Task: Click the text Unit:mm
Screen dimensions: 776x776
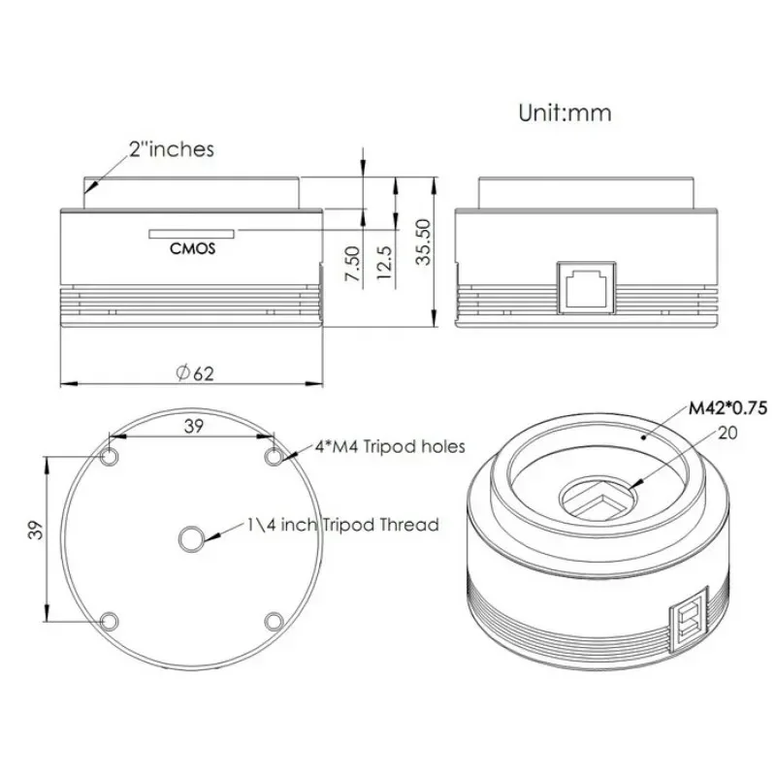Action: point(565,113)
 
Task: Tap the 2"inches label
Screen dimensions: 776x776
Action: point(171,149)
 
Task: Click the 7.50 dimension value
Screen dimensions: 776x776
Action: point(352,265)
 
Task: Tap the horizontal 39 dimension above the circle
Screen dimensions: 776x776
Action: point(193,425)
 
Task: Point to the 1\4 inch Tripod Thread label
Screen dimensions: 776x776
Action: point(341,525)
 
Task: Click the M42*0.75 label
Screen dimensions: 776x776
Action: point(727,408)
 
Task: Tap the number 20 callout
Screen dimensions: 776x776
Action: point(727,434)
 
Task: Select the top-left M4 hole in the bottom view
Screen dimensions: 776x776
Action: point(111,456)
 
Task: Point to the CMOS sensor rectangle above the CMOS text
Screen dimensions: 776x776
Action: point(192,234)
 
